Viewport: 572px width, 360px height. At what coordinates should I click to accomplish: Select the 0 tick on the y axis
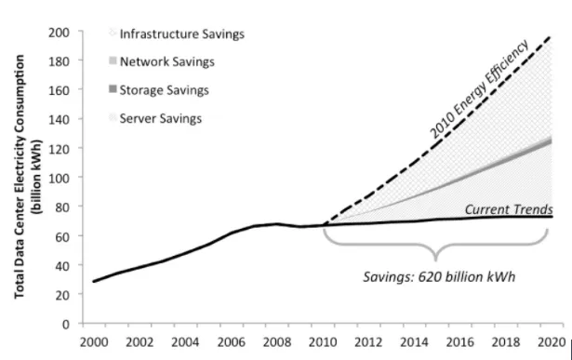pyautogui.click(x=68, y=324)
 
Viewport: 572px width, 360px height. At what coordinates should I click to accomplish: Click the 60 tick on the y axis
pyautogui.click(x=64, y=236)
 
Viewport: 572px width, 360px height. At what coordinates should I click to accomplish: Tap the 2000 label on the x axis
pyautogui.click(x=92, y=341)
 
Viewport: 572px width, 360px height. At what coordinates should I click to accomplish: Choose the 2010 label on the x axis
pyautogui.click(x=323, y=341)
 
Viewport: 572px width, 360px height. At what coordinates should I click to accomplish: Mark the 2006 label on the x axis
pyautogui.click(x=231, y=341)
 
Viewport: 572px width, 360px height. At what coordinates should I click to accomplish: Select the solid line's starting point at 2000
pyautogui.click(x=93, y=281)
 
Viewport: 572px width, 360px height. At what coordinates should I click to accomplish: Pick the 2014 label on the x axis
pyautogui.click(x=415, y=341)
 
